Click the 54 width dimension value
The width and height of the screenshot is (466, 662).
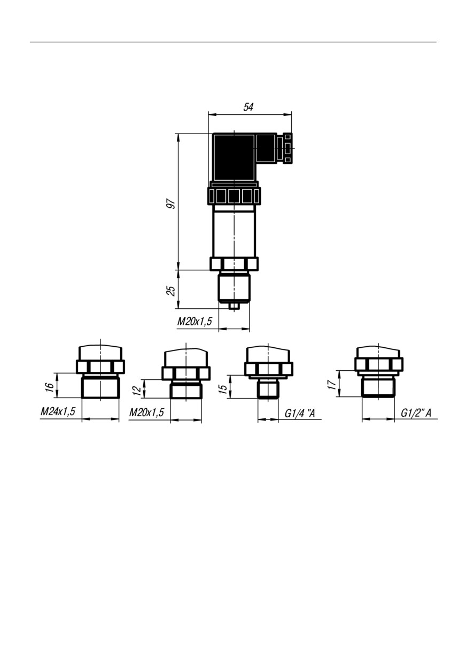pyautogui.click(x=248, y=107)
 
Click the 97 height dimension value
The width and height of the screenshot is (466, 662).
pyautogui.click(x=171, y=204)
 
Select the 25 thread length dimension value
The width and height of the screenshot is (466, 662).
pyautogui.click(x=171, y=291)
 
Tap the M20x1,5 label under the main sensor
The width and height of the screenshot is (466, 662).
pyautogui.click(x=195, y=321)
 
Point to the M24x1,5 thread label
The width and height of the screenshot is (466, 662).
pyautogui.click(x=58, y=411)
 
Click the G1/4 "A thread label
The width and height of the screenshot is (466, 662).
pyautogui.click(x=299, y=414)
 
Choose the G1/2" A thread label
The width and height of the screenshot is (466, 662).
pyautogui.click(x=416, y=413)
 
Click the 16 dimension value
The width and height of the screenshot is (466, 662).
pyautogui.click(x=49, y=386)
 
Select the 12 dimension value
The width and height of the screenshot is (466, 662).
pyautogui.click(x=137, y=391)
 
